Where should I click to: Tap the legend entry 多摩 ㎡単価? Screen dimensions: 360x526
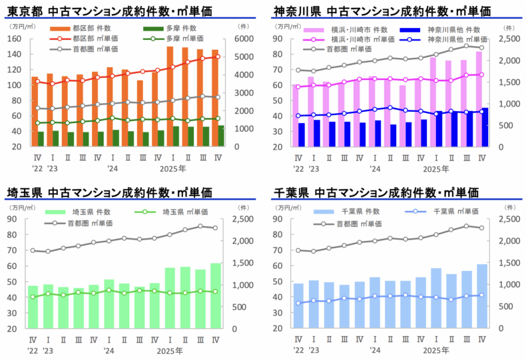tap(174, 39)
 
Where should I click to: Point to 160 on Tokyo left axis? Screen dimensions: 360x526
tap(14, 39)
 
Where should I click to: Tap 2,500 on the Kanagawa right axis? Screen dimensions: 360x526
tap(510, 39)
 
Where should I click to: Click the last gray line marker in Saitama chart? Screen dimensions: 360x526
tap(215, 228)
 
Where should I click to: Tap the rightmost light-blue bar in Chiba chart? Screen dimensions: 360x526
tap(481, 296)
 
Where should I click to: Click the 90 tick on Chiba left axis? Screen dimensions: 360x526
tap(283, 220)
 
